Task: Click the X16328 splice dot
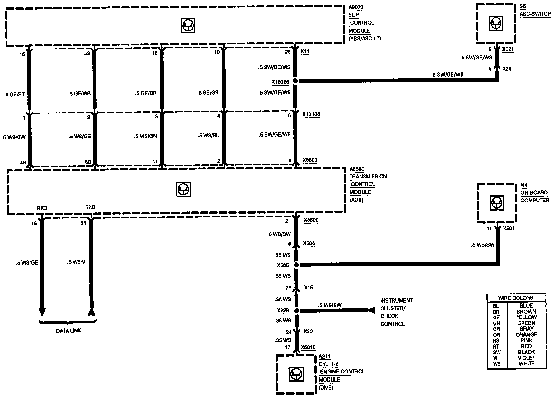coord(295,81)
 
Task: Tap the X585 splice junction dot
coord(296,265)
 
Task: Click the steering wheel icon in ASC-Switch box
coord(496,23)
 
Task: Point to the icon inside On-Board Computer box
coord(496,203)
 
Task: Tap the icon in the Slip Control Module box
coord(188,25)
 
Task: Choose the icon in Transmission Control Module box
coord(183,189)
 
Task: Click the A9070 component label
coord(356,7)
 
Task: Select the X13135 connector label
coord(311,114)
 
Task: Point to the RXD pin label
coord(42,208)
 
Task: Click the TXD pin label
coord(90,207)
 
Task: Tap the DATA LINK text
coord(68,331)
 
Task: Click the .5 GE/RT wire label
coord(14,95)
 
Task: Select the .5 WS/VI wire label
coord(77,262)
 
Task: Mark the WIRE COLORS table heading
coord(516,298)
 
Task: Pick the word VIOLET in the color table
coord(526,358)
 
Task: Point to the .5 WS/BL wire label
coord(208,136)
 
